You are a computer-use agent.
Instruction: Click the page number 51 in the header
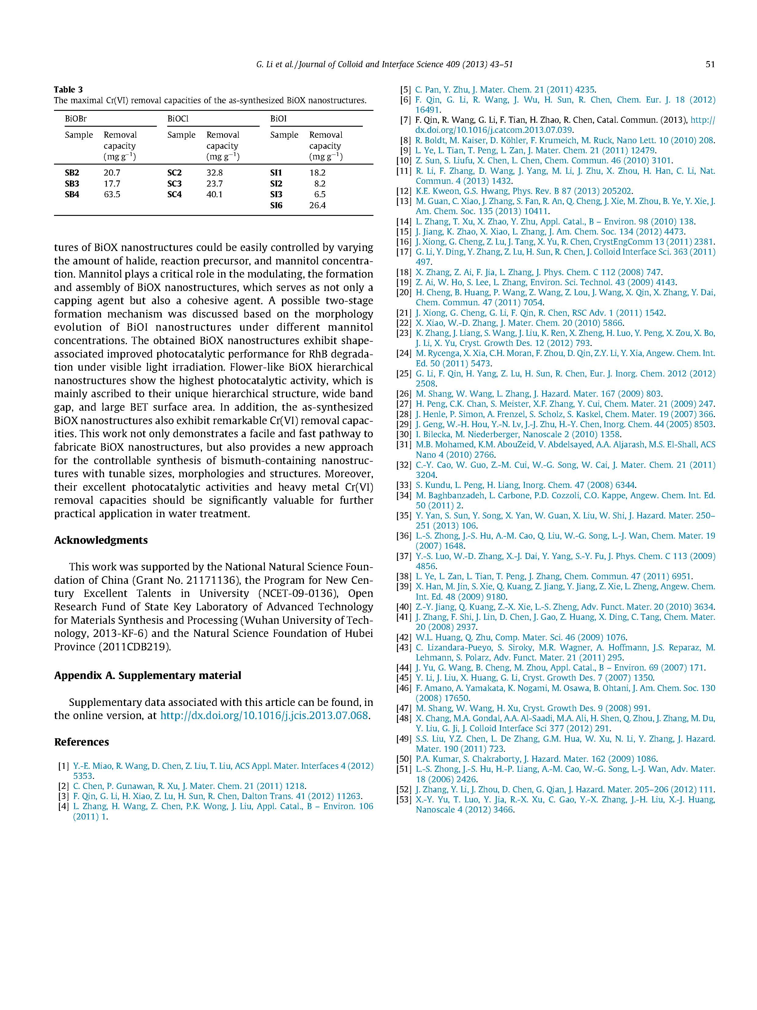coord(709,64)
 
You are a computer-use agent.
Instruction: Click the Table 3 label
coord(68,89)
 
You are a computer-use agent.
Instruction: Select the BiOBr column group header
coord(76,119)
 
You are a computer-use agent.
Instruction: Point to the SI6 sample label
coord(276,205)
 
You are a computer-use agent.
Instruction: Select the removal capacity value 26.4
coord(317,205)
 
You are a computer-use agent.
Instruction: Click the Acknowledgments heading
coord(101,540)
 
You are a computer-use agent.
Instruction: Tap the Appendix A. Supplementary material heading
coord(147,675)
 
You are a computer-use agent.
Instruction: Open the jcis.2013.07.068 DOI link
coord(265,715)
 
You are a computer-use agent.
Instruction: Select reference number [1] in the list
coord(63,766)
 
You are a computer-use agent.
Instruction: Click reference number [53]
coord(404,800)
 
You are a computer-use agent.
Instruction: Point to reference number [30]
coord(404,434)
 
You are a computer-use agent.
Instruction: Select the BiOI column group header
coord(278,119)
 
